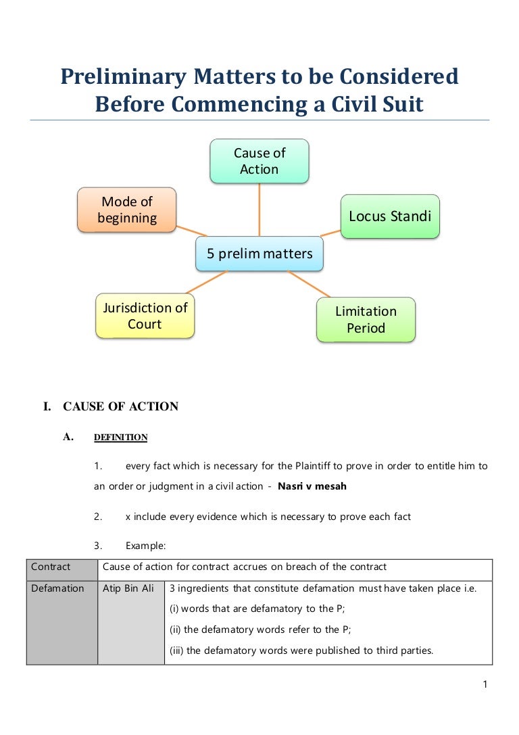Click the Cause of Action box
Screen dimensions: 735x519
(259, 161)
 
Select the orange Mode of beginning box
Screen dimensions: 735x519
(127, 210)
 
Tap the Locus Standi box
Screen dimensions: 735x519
(390, 216)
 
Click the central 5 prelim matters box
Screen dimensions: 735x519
(259, 254)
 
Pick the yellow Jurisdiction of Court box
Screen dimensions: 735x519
(145, 316)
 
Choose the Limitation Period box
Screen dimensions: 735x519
(366, 320)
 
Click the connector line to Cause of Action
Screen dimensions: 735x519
(259, 210)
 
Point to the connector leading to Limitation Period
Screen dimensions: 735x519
(310, 284)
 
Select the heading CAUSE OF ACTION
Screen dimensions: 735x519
(121, 407)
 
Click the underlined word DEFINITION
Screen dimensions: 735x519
(120, 437)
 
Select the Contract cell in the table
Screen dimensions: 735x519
(51, 567)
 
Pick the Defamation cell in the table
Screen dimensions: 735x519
(57, 588)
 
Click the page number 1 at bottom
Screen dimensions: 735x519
(485, 684)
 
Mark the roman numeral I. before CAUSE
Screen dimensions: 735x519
(47, 407)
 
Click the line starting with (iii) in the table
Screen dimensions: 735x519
(301, 651)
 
